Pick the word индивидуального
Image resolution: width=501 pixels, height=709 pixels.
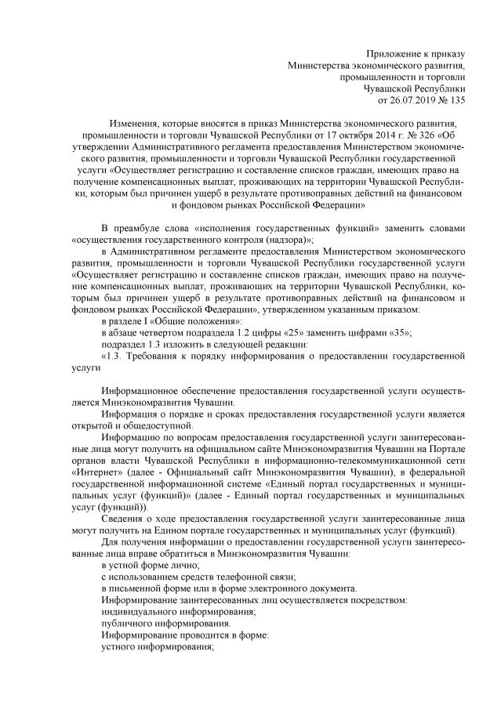tap(142, 612)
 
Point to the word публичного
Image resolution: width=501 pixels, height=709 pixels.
tap(128, 624)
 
